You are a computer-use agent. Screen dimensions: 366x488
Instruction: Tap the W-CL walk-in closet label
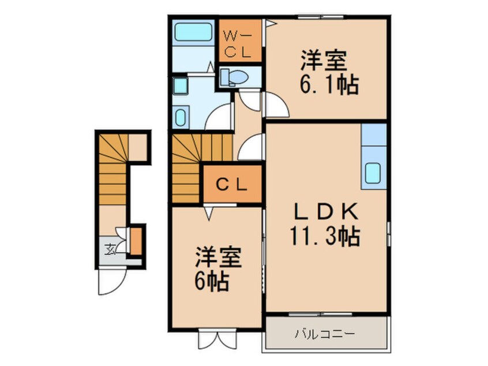click(x=237, y=44)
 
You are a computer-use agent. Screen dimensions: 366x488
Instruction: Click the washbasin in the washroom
click(x=180, y=118)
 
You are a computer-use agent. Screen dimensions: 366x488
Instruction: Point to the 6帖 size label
click(x=212, y=282)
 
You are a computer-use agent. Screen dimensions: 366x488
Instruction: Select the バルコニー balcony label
click(x=324, y=334)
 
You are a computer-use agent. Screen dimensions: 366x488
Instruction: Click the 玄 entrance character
click(x=109, y=250)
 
